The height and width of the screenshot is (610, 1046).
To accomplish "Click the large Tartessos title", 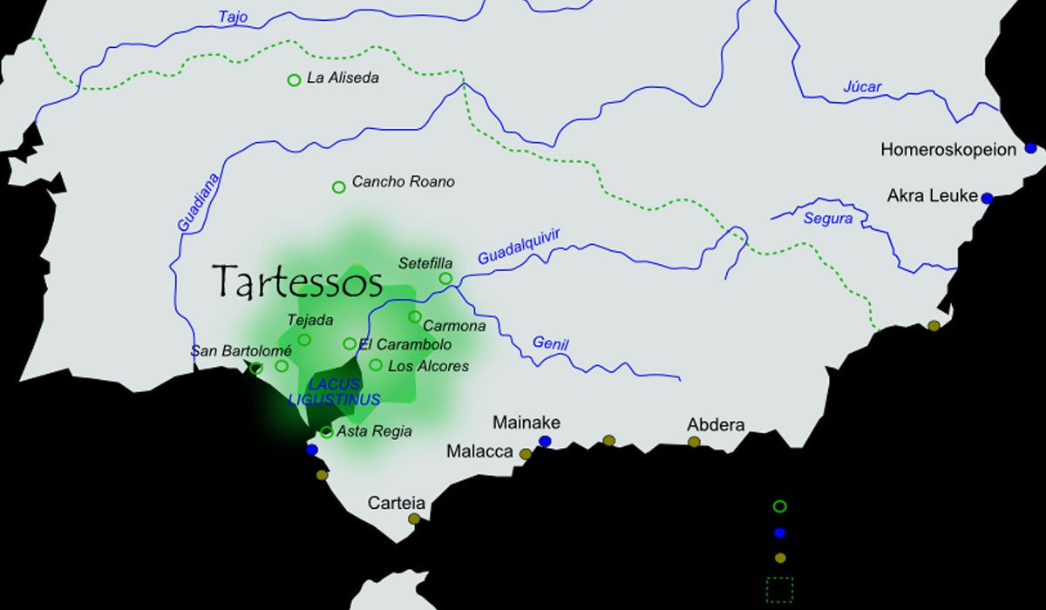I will pos(298,281).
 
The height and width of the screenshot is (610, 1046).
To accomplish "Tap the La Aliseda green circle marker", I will pos(294,80).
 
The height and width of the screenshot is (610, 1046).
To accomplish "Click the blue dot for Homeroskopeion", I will pos(1031,149).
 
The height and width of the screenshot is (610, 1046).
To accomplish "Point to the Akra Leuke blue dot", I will pos(987,198).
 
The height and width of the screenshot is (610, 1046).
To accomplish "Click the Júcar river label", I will pos(862,86).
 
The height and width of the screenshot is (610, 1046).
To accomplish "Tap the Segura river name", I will pos(828,219).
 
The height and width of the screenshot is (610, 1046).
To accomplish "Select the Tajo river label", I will pos(233,17).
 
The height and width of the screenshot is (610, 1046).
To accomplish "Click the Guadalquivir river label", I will pos(518,247).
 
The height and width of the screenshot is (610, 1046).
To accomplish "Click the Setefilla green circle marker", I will pos(445,279).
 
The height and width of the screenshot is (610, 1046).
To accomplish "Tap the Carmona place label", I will pos(454,326).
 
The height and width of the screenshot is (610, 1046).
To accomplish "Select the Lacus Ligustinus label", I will pos(335,392).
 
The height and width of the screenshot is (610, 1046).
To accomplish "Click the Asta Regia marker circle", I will pos(326,431).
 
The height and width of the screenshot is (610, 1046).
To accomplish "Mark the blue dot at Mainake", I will pos(545,442).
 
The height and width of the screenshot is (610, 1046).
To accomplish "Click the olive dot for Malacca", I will pos(526,454).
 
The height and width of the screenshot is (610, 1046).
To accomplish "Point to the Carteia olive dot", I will pos(414,518).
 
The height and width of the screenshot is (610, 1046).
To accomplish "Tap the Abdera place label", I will pos(716,425).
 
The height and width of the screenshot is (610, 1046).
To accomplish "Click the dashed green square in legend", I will pos(779,589).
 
